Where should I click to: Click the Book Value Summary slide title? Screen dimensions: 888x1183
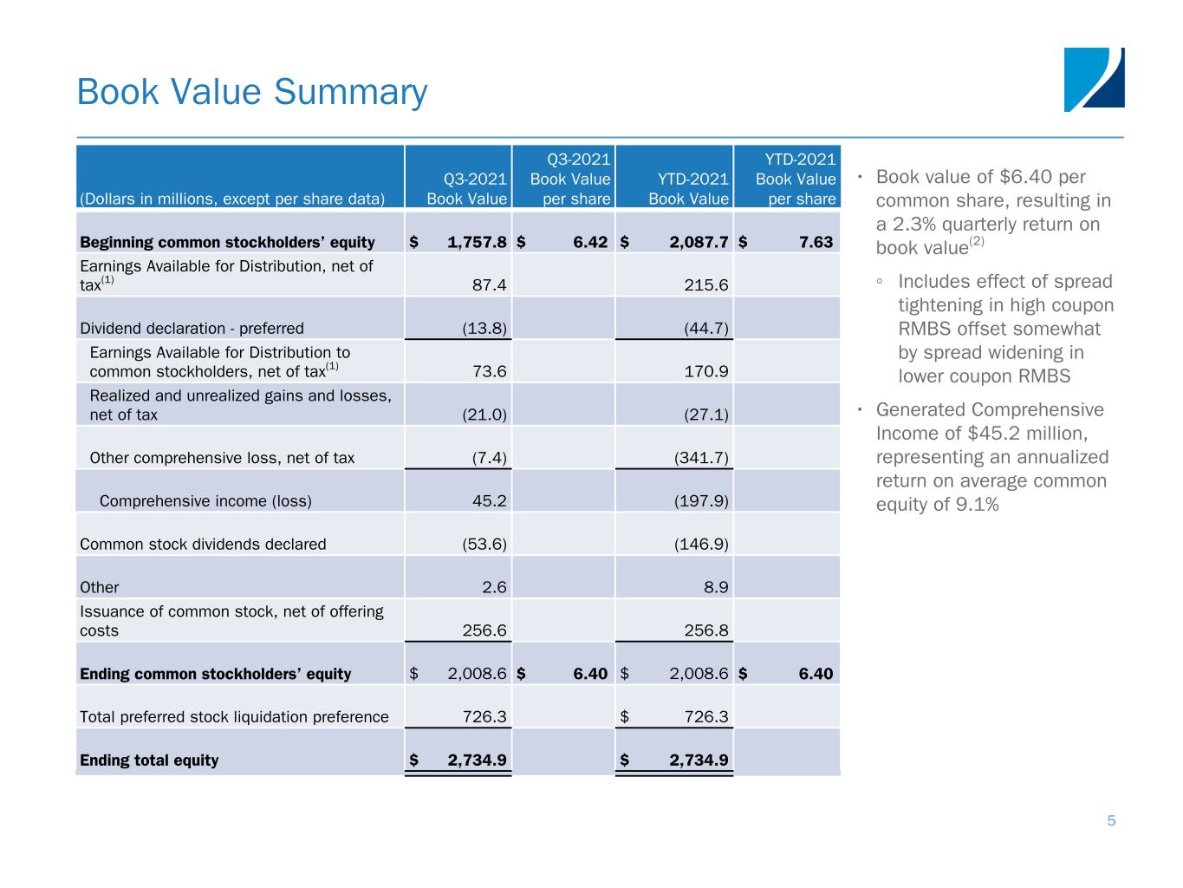pos(252,92)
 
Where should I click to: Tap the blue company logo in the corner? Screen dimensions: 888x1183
pos(1094,80)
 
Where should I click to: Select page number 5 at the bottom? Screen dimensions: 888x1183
pos(1111,821)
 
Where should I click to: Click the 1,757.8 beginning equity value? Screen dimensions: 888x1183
pos(477,243)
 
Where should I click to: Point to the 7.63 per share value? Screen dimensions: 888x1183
pos(816,243)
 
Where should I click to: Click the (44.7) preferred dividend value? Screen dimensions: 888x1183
pos(705,329)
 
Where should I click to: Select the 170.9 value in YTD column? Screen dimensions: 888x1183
pos(706,372)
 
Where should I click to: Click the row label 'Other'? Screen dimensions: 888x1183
pos(100,588)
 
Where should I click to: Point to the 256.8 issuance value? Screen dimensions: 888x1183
pos(706,630)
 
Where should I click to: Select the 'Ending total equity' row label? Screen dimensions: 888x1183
pos(149,761)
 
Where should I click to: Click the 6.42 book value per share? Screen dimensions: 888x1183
pos(590,243)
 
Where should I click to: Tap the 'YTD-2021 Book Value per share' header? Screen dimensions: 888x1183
pos(795,179)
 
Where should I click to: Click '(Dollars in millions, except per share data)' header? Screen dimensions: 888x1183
pos(232,199)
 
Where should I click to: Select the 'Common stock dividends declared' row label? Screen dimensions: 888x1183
pos(203,545)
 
